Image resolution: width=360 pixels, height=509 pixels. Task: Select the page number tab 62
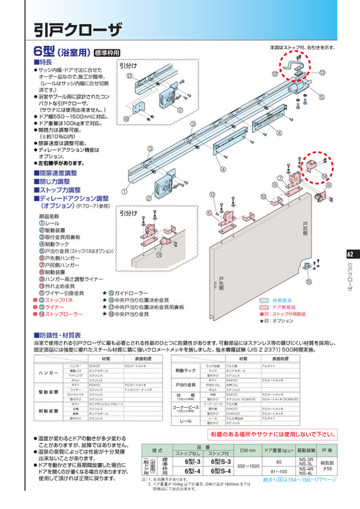(x=350, y=254)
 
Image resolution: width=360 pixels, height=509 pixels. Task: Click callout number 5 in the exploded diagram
(x=321, y=97)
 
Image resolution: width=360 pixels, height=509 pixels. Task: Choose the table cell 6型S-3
(x=219, y=461)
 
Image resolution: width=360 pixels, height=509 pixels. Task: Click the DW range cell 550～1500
(x=248, y=466)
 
